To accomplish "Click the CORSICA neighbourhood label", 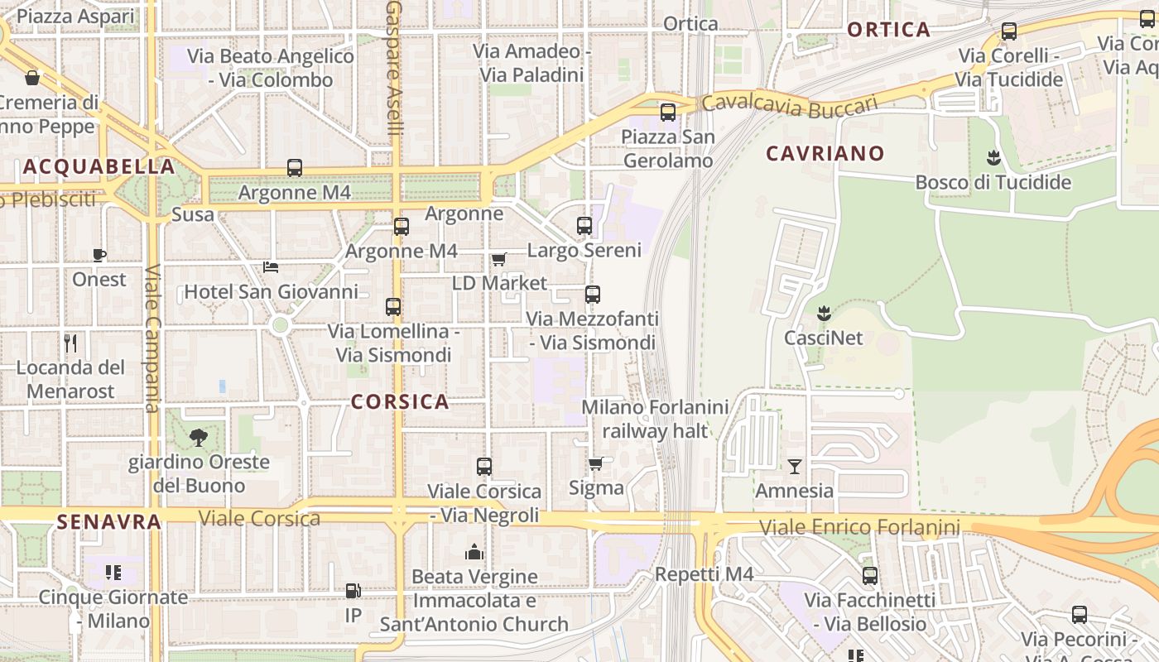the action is click(x=400, y=402).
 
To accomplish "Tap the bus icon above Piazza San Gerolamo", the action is click(x=667, y=112).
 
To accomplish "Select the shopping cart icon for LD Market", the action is click(x=498, y=259).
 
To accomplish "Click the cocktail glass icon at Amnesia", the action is click(x=794, y=467).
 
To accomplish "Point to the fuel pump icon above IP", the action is click(x=353, y=591).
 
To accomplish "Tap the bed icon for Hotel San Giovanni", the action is click(x=271, y=267).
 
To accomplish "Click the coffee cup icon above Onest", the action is click(x=99, y=255).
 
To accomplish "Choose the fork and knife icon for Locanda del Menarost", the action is click(x=70, y=343).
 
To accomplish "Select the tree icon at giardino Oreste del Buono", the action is click(x=198, y=438).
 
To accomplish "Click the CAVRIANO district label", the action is click(x=825, y=153).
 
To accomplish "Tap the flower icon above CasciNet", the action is click(x=823, y=313).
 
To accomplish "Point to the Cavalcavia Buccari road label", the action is click(x=789, y=105).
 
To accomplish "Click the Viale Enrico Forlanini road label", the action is click(x=859, y=527).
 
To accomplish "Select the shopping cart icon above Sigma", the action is click(x=595, y=463).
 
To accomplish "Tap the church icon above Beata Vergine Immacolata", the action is click(x=474, y=552).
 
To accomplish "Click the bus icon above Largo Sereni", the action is click(x=584, y=225).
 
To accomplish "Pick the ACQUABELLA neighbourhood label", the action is click(x=99, y=166).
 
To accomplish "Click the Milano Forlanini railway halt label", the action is click(x=655, y=419).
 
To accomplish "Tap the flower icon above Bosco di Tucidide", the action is click(x=993, y=157).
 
